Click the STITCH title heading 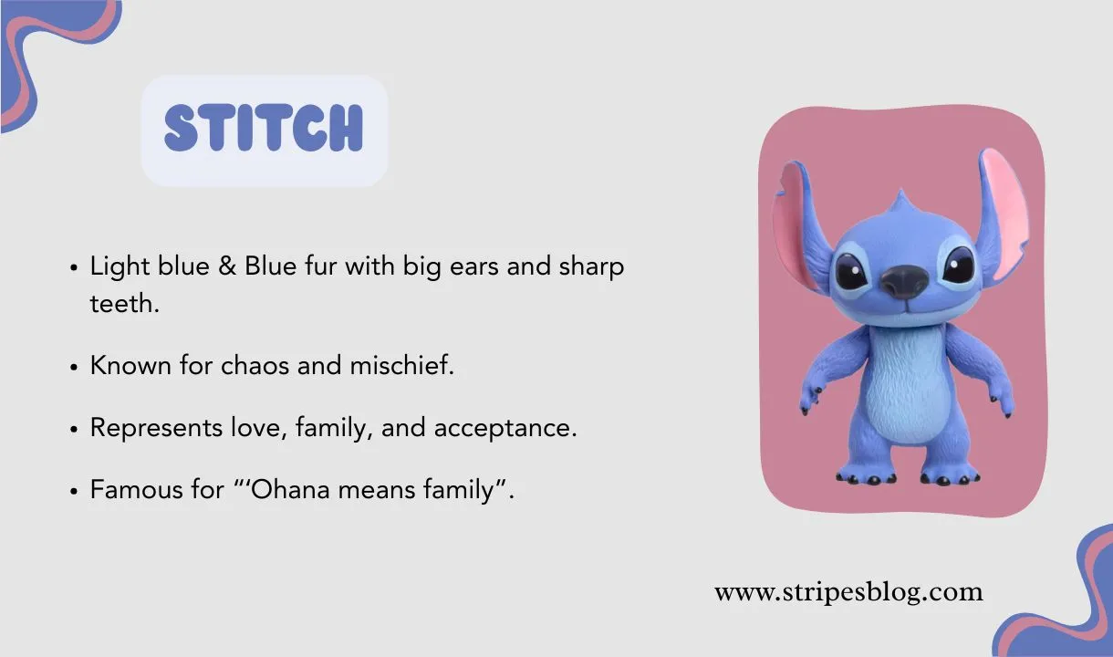(264, 128)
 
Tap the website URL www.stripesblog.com (848, 592)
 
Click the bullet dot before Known (74, 367)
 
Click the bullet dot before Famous (74, 491)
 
